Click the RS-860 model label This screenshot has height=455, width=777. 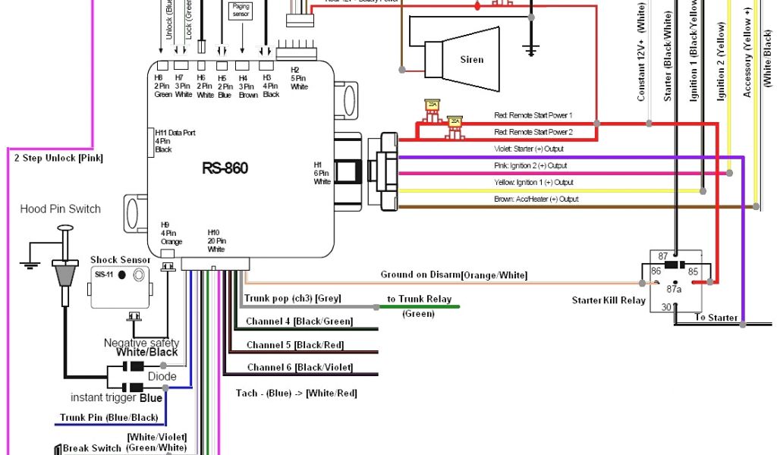(225, 168)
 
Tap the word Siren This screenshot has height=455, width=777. (471, 60)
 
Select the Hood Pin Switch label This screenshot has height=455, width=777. (60, 209)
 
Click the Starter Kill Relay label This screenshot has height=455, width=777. (609, 300)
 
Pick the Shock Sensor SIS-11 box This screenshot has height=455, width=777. (119, 285)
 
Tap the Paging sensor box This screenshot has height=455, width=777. (241, 11)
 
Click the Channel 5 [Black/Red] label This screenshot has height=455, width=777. (295, 345)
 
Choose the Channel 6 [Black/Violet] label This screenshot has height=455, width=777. (299, 368)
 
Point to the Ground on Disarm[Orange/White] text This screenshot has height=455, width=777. (454, 275)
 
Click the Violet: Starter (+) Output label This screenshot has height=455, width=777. (528, 149)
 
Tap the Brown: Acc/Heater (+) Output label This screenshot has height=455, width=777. (536, 199)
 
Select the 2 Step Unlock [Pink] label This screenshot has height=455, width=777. (58, 158)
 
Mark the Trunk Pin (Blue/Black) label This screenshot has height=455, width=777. (109, 418)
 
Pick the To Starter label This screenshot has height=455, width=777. (716, 317)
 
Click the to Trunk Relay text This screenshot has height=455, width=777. (419, 300)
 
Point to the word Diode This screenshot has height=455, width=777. (162, 376)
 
